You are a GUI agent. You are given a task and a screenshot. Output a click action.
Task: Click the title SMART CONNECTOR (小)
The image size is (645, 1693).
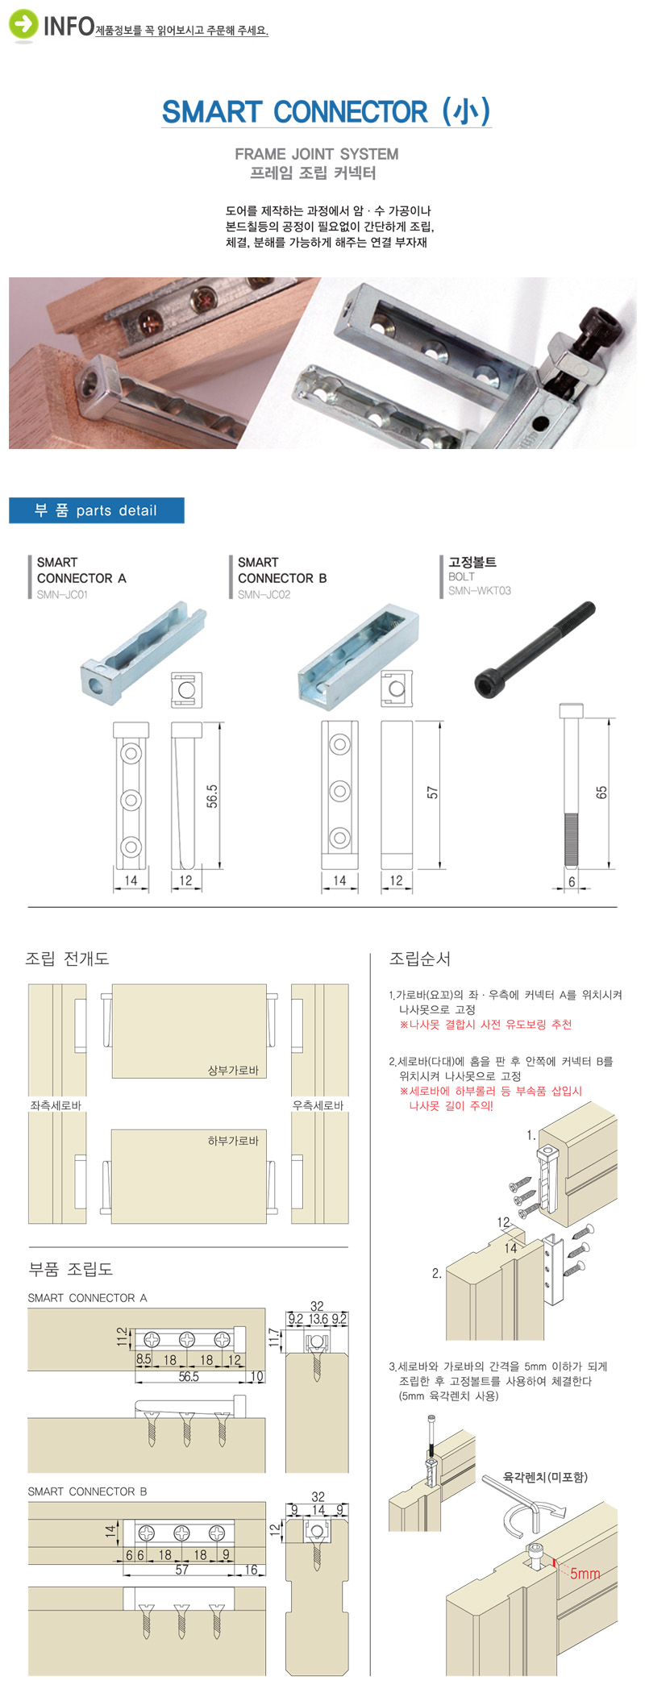pyautogui.click(x=327, y=112)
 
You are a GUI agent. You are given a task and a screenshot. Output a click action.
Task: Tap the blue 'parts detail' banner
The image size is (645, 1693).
pyautogui.click(x=97, y=510)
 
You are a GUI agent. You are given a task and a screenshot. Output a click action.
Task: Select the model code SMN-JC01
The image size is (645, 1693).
pyautogui.click(x=62, y=595)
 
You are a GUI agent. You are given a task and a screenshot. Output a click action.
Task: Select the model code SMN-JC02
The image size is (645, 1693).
pyautogui.click(x=264, y=595)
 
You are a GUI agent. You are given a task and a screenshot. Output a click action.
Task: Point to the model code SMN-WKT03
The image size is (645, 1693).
pyautogui.click(x=480, y=591)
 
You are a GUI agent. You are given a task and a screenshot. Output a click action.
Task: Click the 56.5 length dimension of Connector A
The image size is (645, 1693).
pyautogui.click(x=211, y=796)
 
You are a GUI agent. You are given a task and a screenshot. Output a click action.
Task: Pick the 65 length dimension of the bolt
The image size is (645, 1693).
pyautogui.click(x=601, y=792)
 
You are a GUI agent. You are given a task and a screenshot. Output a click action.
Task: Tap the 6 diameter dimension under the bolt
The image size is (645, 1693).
pyautogui.click(x=572, y=882)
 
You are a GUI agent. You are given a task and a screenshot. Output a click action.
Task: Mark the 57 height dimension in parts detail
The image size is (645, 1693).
pyautogui.click(x=433, y=792)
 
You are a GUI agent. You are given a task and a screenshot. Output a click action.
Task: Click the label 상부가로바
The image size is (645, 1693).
pyautogui.click(x=233, y=1071)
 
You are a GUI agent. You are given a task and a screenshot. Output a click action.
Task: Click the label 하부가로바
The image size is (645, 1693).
pyautogui.click(x=233, y=1141)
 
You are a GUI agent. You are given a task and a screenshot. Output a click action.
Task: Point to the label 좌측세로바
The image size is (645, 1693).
pyautogui.click(x=56, y=1105)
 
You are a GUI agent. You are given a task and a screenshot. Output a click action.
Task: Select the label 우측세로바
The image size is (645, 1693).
pyautogui.click(x=318, y=1105)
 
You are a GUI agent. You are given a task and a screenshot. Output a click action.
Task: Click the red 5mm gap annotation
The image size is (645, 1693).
pyautogui.click(x=585, y=1574)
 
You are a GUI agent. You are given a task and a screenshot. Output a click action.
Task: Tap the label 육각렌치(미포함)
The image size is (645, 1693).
pyautogui.click(x=545, y=1477)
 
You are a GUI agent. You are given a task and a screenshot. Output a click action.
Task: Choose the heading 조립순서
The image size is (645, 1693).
pyautogui.click(x=420, y=959)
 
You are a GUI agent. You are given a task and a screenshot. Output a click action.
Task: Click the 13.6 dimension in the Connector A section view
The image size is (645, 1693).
pyautogui.click(x=318, y=1320)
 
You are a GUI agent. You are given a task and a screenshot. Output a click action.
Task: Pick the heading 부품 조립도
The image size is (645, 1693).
pyautogui.click(x=71, y=1269)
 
